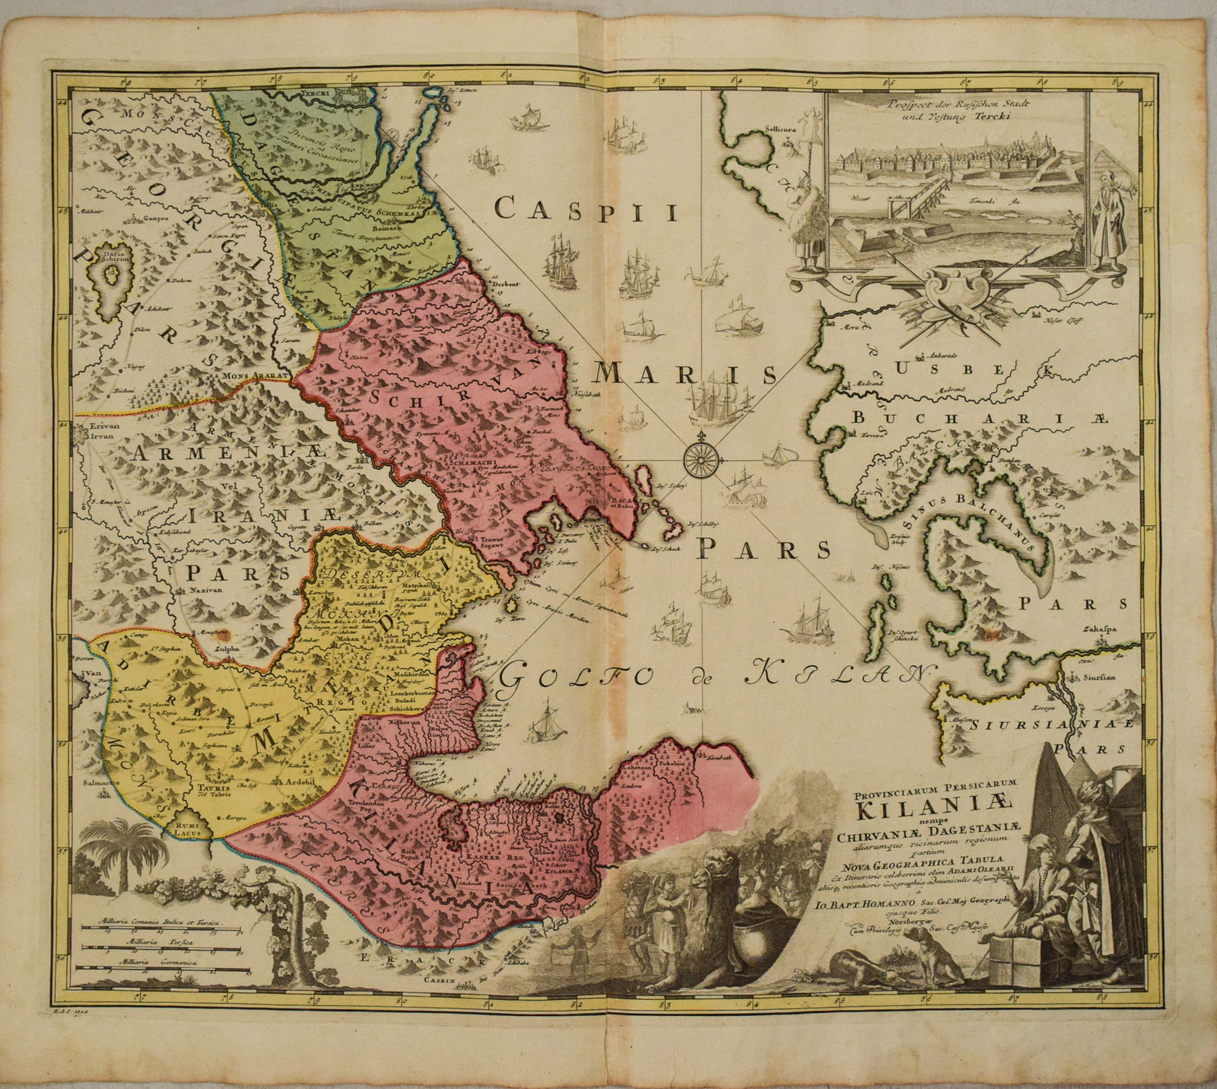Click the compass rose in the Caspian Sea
coord(701,457)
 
